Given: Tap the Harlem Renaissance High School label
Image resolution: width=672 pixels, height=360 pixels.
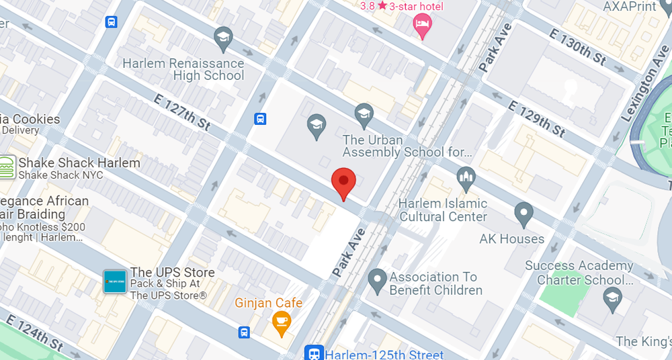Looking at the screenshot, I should tap(183, 69).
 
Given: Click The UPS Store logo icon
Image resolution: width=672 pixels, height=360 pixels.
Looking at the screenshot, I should tap(114, 281).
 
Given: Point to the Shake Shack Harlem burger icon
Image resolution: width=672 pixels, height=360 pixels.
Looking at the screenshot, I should tap(7, 167).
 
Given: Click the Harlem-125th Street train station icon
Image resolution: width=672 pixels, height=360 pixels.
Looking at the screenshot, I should tap(313, 354).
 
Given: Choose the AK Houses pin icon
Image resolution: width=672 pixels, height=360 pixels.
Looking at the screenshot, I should tap(523, 214).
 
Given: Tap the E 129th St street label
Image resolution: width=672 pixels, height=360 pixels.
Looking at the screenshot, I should tap(537, 118).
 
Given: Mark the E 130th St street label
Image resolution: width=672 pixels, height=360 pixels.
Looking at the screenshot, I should tap(578, 47).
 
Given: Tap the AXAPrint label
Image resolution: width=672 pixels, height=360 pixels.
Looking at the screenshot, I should tap(629, 7).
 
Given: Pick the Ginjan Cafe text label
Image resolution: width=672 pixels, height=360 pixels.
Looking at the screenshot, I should tap(269, 304).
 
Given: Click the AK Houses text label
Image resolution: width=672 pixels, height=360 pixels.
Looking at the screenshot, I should tap(512, 239).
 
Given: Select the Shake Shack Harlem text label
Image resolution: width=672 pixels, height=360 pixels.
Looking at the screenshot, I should tap(79, 163).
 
